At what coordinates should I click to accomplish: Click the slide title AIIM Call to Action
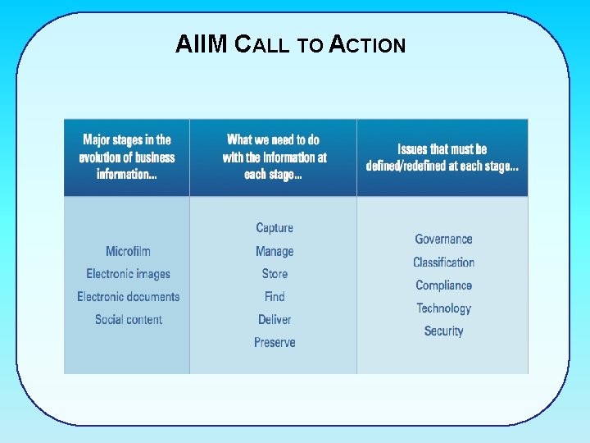(290, 44)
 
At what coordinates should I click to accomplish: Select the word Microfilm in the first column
(128, 251)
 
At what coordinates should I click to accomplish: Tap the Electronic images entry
(128, 274)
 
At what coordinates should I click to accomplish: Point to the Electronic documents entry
(128, 297)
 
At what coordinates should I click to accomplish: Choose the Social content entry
(128, 320)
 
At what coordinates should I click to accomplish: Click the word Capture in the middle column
(275, 228)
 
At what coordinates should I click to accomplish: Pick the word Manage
(275, 251)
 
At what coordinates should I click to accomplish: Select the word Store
(275, 274)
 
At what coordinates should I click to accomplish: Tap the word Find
(275, 297)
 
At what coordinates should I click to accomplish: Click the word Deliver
(275, 320)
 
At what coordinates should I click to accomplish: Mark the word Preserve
(275, 343)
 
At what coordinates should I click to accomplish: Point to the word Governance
(443, 240)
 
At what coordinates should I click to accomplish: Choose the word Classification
(443, 263)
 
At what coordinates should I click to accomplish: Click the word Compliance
(443, 285)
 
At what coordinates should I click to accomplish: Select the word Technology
(443, 308)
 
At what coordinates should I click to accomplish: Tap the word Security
(443, 331)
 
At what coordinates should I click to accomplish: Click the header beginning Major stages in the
(127, 157)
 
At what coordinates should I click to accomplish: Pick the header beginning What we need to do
(274, 157)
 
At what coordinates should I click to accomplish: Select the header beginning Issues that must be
(442, 158)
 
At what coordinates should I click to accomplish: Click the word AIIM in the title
(202, 44)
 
